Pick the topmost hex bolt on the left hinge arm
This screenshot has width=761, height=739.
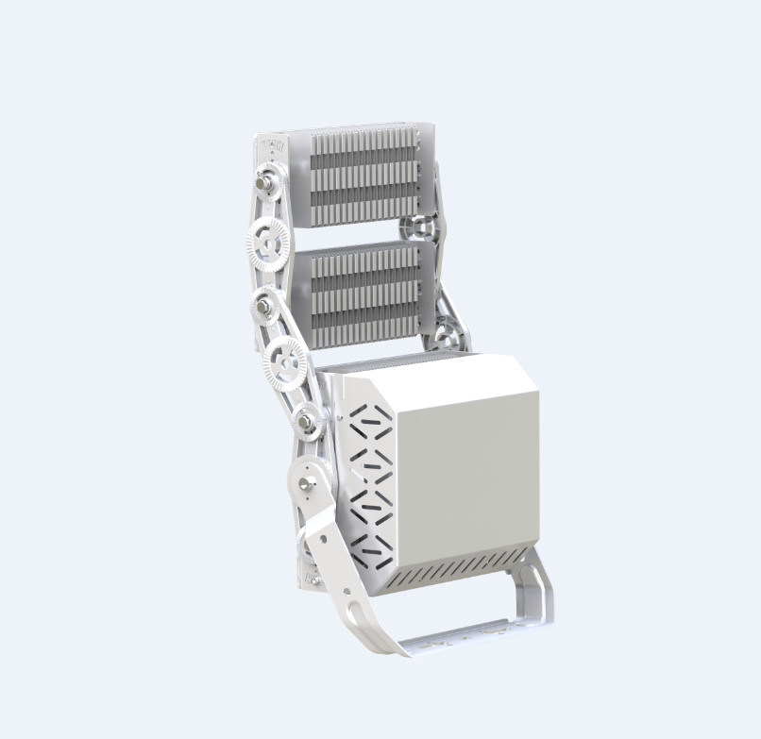click(x=266, y=176)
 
